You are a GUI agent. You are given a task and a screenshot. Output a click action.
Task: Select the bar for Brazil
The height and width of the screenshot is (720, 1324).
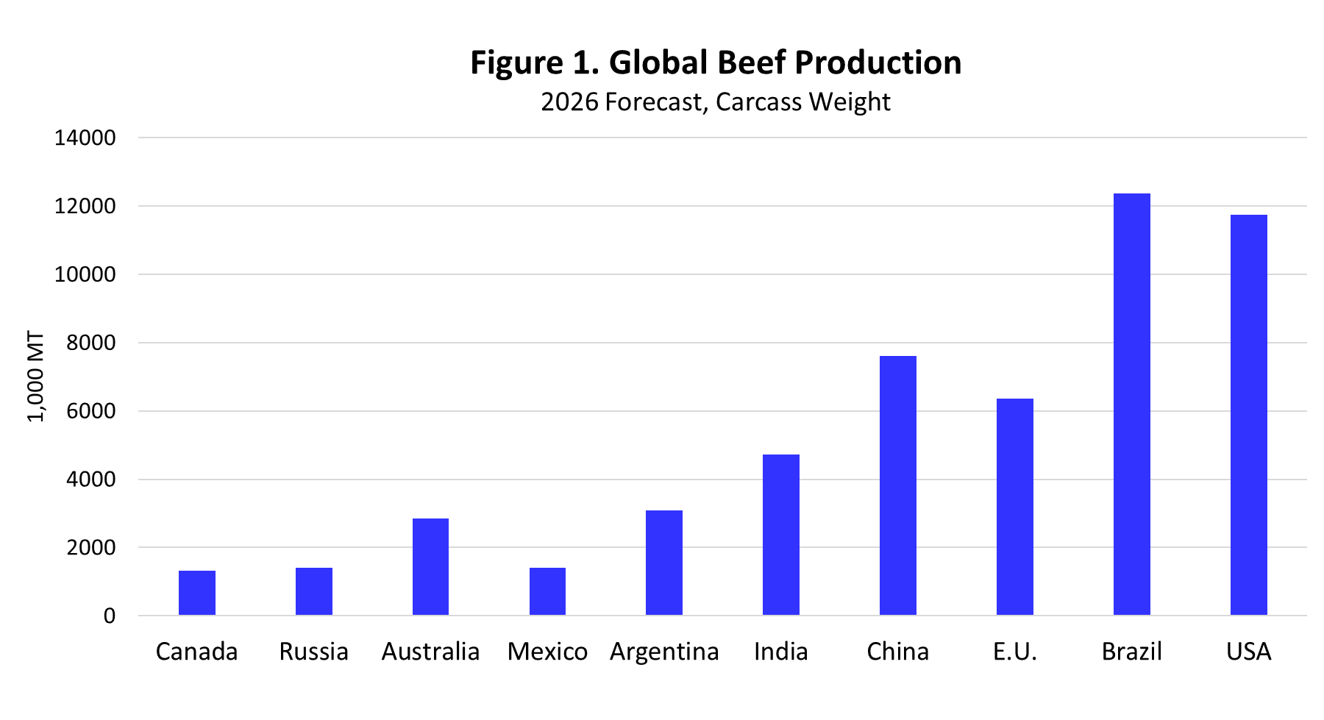pos(1131,404)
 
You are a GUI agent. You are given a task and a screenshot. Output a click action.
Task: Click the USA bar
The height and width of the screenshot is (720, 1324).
pos(1248,416)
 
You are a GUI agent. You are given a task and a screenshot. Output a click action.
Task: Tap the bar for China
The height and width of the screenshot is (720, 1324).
pos(897,485)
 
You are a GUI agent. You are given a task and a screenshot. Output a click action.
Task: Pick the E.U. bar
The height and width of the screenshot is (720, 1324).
pos(1014,507)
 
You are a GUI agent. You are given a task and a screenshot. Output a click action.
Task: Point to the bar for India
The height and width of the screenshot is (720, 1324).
pos(780,535)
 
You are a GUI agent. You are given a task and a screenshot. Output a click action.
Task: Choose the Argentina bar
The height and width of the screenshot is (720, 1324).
pos(663,563)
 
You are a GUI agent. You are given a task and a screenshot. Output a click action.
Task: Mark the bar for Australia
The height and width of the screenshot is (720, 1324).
pos(430,567)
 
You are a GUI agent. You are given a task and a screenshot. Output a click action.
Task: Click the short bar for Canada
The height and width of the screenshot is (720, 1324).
pos(196,593)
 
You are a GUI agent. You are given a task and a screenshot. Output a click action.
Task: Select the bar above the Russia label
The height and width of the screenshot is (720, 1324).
pos(313,591)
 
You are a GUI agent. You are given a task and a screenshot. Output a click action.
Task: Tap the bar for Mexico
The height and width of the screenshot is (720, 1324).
pos(547,591)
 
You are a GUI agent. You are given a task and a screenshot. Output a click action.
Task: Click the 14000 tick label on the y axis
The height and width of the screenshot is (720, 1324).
pos(85,138)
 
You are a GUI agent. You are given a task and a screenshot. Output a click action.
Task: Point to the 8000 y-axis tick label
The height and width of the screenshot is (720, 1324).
pos(91,343)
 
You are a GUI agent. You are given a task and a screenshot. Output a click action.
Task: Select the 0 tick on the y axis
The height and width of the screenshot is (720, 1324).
pos(110,616)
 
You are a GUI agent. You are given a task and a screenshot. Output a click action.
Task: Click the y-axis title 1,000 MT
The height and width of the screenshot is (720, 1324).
pos(35,377)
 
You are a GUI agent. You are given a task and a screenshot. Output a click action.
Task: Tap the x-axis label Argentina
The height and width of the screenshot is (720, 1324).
pos(663,652)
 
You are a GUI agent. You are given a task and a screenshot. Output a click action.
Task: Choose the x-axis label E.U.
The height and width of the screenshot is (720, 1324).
pos(1014,652)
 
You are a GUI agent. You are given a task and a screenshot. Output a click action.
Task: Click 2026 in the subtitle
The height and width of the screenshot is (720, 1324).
pos(569,101)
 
